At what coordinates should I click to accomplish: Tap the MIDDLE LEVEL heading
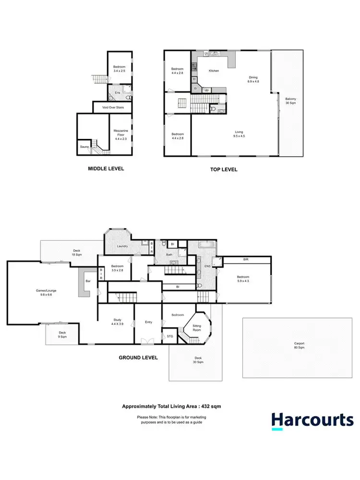106,169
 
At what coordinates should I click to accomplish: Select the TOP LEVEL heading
224,170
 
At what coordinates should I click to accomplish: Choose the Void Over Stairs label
113,107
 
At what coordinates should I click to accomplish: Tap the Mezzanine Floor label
120,133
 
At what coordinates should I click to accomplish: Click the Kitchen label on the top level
214,71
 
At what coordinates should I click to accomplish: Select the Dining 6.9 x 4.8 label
253,79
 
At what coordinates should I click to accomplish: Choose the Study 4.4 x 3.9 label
117,322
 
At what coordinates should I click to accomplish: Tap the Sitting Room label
197,327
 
